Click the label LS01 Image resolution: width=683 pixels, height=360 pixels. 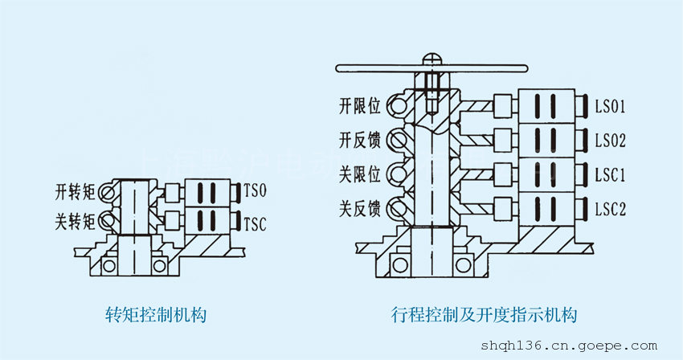click(x=610, y=106)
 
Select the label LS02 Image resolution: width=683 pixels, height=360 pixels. click(x=610, y=141)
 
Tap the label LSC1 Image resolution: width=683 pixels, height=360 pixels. click(x=610, y=174)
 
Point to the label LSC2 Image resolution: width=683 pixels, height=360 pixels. click(x=610, y=210)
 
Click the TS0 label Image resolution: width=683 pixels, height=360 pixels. click(x=255, y=193)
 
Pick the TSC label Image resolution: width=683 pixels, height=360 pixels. click(x=255, y=221)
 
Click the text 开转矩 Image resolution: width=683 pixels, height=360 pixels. click(x=75, y=193)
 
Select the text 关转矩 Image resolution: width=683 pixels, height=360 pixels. click(x=75, y=219)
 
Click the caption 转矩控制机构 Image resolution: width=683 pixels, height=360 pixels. click(x=156, y=314)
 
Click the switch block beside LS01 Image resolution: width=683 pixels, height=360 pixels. click(x=549, y=106)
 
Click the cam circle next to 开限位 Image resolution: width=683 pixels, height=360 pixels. click(x=396, y=104)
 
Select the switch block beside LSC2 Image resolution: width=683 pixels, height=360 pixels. click(x=549, y=210)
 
